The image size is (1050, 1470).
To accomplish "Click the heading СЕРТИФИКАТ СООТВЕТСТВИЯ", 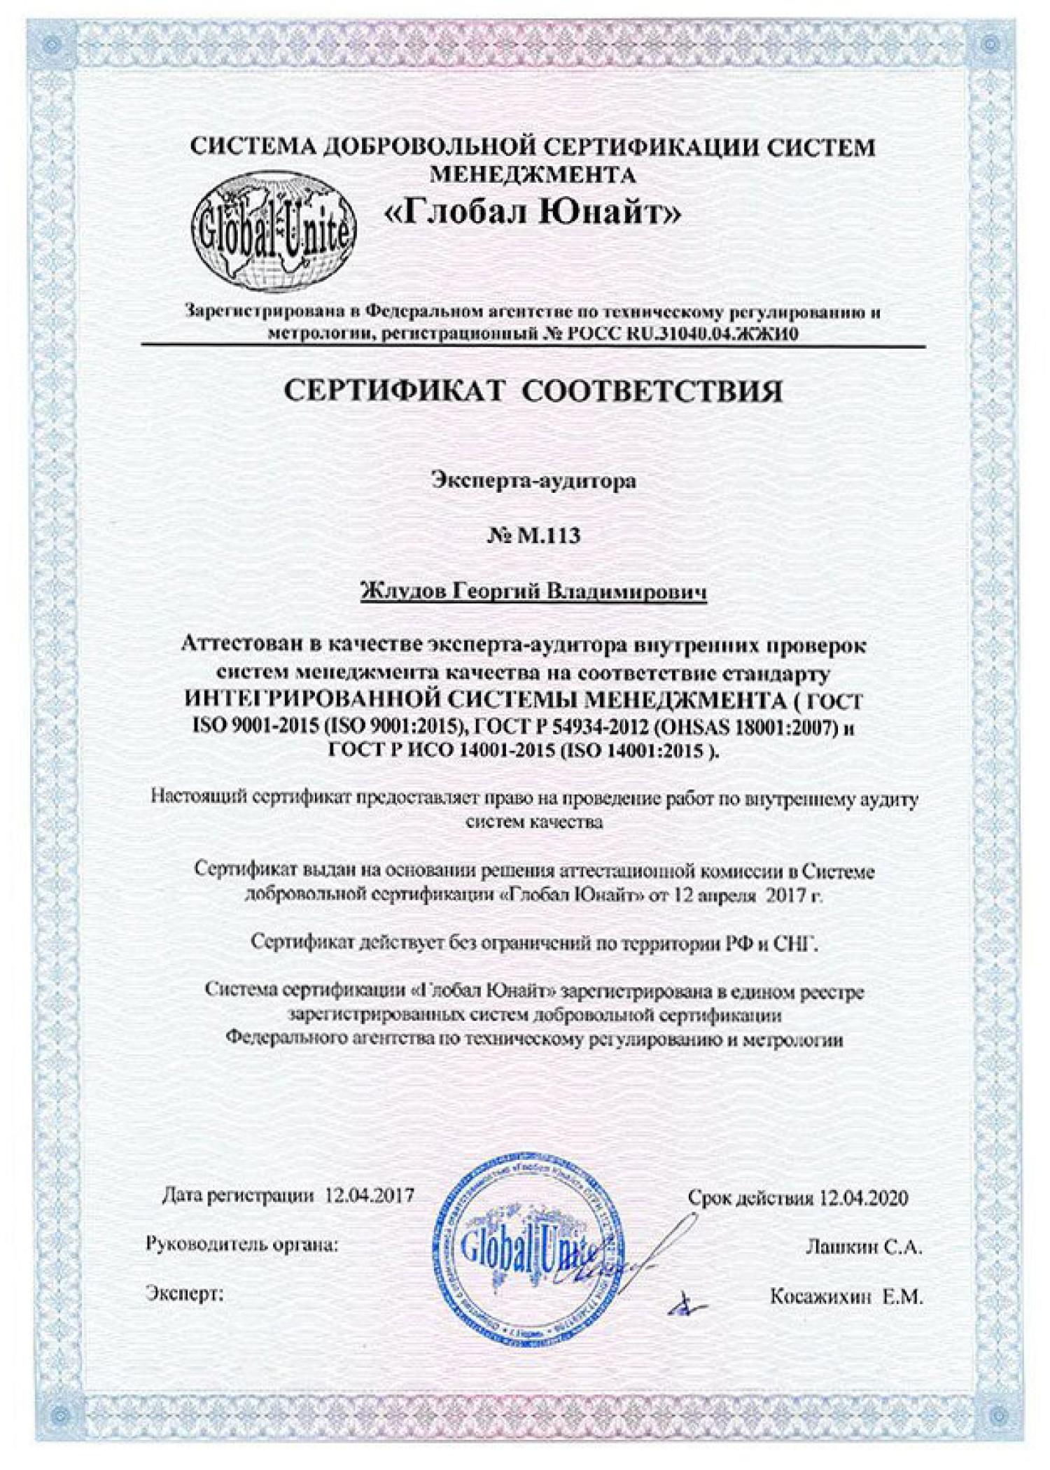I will [533, 392].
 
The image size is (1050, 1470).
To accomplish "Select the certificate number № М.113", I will [533, 537].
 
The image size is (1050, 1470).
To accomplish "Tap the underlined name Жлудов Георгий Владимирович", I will [533, 592].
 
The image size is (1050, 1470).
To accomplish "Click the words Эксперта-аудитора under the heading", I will [533, 482].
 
